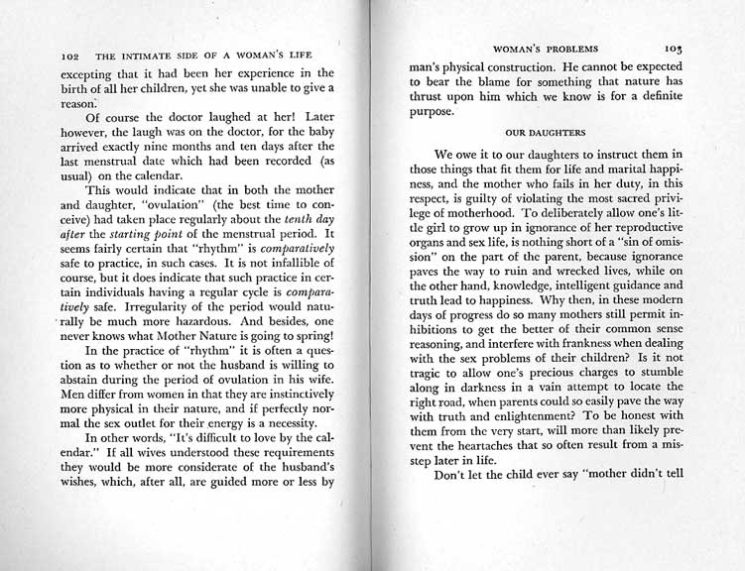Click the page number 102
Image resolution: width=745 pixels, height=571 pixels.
[x=70, y=57]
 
